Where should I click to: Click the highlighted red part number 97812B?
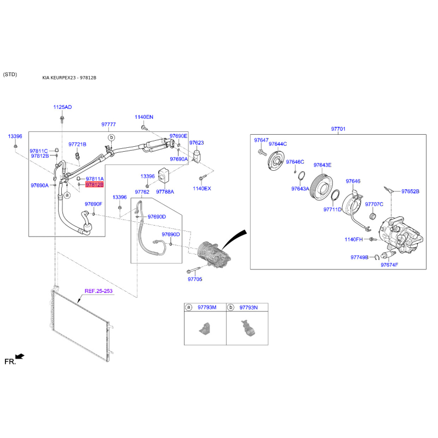coord(94,185)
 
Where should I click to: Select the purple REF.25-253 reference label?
coord(99,291)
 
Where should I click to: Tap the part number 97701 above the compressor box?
coord(338,129)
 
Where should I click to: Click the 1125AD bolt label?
coord(62,107)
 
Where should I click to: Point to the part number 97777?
coord(108,124)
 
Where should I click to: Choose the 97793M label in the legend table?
coord(207,307)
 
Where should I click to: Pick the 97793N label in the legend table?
coord(249,307)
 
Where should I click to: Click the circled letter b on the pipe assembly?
coord(112,137)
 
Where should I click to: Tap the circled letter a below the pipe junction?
coord(67,195)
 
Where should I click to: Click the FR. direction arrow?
coord(20,356)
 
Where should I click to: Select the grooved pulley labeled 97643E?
coord(321,187)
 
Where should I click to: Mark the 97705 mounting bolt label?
coord(195,279)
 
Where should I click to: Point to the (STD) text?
coord(10,74)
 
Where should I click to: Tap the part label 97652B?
coord(410,191)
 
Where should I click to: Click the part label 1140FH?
coord(354,239)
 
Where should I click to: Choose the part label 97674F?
coord(389,264)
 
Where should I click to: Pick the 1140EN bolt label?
coord(144,117)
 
